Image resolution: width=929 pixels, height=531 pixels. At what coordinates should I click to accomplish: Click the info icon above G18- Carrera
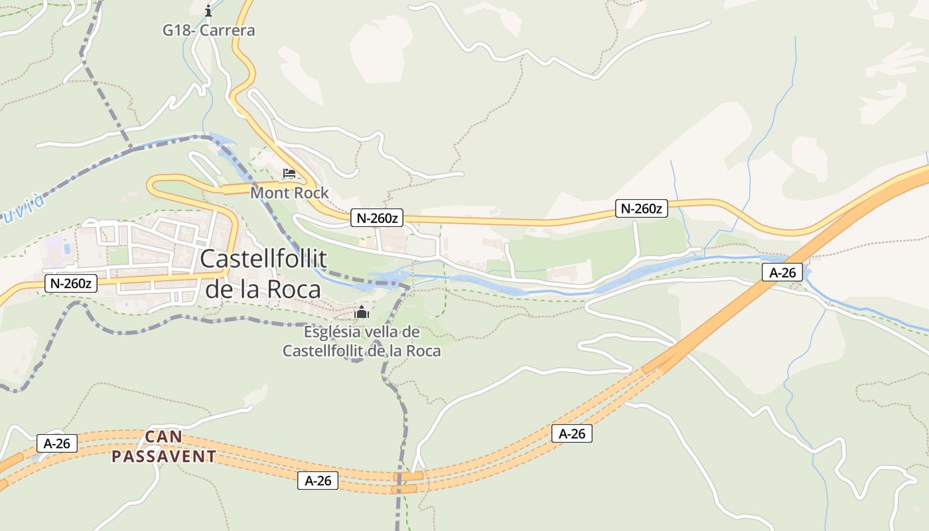click(208, 11)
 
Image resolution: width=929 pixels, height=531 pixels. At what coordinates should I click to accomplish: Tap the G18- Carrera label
click(209, 31)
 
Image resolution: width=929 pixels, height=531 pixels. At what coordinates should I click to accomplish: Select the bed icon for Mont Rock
click(289, 174)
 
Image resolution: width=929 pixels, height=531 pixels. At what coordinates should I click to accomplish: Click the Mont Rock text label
click(289, 193)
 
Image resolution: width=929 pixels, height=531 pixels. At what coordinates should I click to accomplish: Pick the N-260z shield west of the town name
click(72, 283)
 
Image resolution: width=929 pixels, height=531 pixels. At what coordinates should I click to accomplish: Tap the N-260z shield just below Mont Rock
click(377, 218)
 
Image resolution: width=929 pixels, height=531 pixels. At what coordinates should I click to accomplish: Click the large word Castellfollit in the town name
click(263, 259)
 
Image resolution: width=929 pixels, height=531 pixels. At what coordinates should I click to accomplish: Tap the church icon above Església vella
click(362, 312)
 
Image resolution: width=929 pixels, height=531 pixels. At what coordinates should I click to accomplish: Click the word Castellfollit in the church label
click(326, 351)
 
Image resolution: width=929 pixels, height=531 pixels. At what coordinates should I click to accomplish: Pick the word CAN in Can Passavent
click(163, 437)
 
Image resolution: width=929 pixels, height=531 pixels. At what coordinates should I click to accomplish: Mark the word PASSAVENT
click(163, 457)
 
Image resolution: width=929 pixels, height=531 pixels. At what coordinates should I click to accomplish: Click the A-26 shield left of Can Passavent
click(57, 443)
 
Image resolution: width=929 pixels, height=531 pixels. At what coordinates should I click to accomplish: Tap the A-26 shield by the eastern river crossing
click(782, 271)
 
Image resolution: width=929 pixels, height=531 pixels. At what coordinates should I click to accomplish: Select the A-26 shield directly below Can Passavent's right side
click(318, 481)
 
